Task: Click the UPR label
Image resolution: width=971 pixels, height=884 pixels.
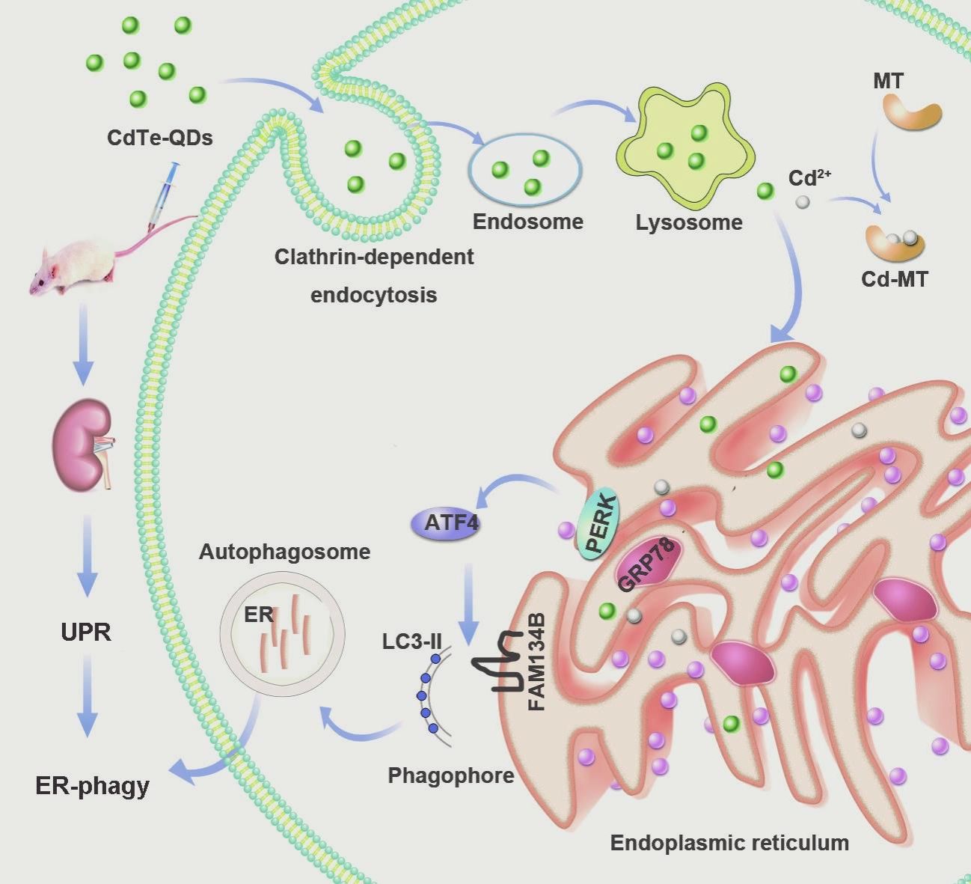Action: coord(86,632)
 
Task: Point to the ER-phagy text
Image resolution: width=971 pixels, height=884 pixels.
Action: coord(93,786)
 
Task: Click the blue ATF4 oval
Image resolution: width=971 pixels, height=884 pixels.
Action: coord(445,522)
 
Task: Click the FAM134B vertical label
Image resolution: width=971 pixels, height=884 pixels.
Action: coord(537,663)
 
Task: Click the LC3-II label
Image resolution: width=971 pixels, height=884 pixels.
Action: coord(411,642)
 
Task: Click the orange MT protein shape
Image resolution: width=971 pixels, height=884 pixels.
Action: coord(910,113)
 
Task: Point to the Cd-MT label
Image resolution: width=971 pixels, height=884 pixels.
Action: coord(895,279)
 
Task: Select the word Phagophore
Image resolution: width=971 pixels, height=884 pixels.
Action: coord(451,775)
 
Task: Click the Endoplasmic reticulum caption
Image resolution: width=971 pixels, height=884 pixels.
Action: coord(729,843)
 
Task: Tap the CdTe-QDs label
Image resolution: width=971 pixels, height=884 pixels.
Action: coord(160,138)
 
